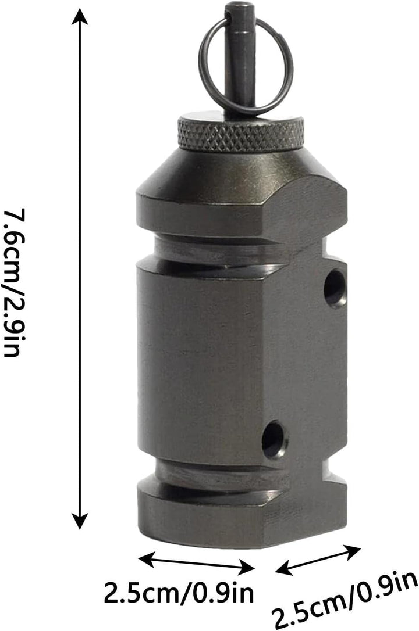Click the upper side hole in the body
(335, 289)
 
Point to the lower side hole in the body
(275, 439)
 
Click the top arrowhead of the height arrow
(80, 17)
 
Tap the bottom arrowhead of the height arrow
(80, 521)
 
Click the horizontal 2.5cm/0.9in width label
(179, 593)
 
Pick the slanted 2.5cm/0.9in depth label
(345, 600)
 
